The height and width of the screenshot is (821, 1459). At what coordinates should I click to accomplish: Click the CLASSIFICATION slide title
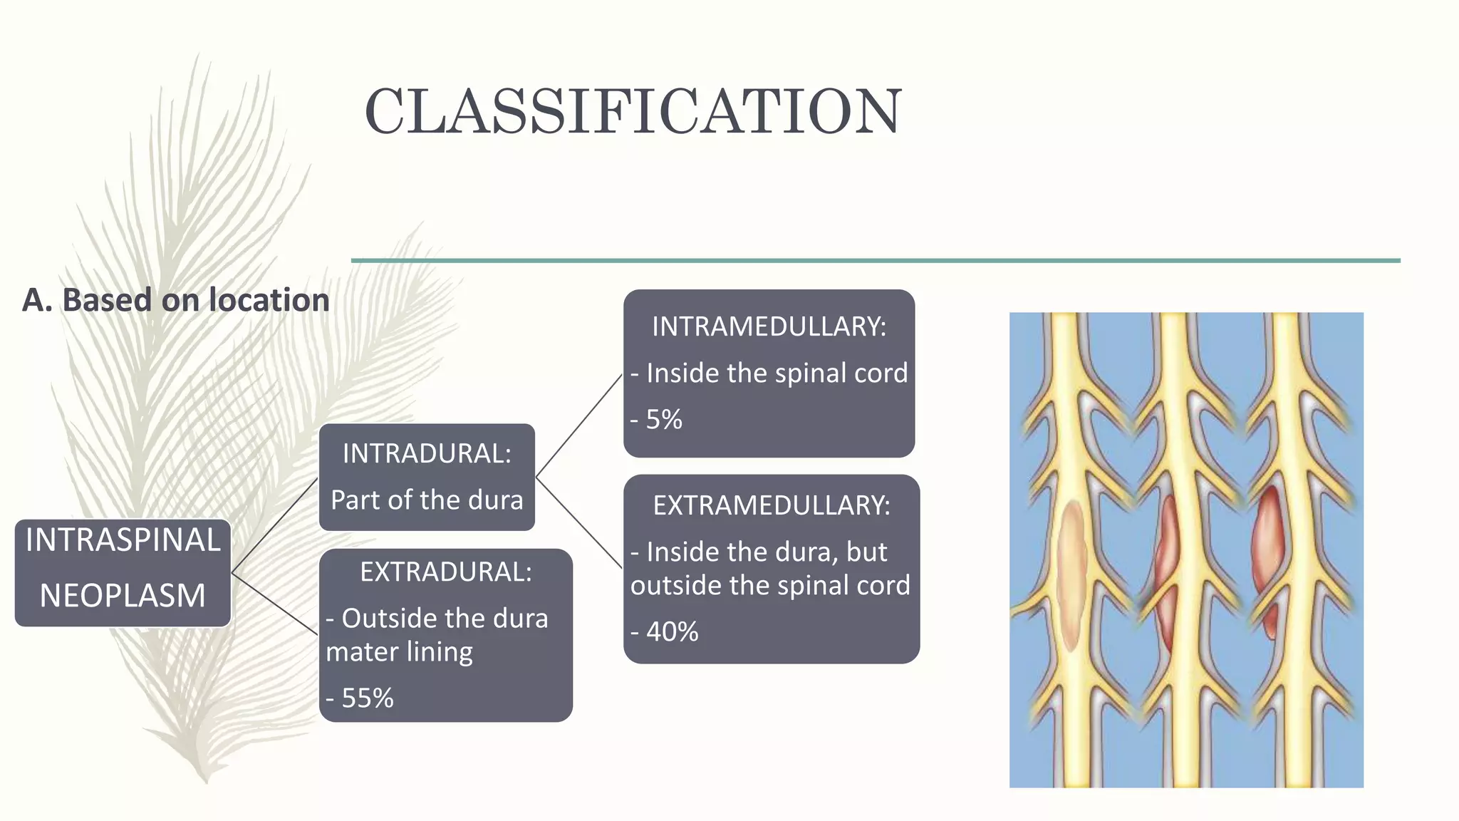coord(633,111)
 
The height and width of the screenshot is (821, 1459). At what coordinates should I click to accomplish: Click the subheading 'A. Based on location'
coord(176,300)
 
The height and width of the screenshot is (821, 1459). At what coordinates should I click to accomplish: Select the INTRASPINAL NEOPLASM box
coord(123,572)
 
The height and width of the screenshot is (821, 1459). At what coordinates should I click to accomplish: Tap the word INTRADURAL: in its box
coord(427,453)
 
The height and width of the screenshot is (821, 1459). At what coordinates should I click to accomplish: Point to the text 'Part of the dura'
coord(427,500)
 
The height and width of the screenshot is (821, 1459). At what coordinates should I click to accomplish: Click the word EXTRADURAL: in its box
coord(445,572)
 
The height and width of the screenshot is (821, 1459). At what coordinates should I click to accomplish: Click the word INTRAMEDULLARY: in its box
coord(769,326)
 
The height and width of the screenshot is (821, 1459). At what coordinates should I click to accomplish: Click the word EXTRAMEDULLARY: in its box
coord(772,505)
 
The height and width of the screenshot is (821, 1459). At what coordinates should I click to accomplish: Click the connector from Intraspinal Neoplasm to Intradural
coord(275,525)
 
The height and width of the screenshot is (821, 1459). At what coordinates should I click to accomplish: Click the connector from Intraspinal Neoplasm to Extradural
coord(275,603)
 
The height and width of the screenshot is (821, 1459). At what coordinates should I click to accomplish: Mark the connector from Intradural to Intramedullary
coord(578,426)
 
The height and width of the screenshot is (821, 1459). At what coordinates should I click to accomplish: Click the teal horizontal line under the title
coord(876,261)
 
